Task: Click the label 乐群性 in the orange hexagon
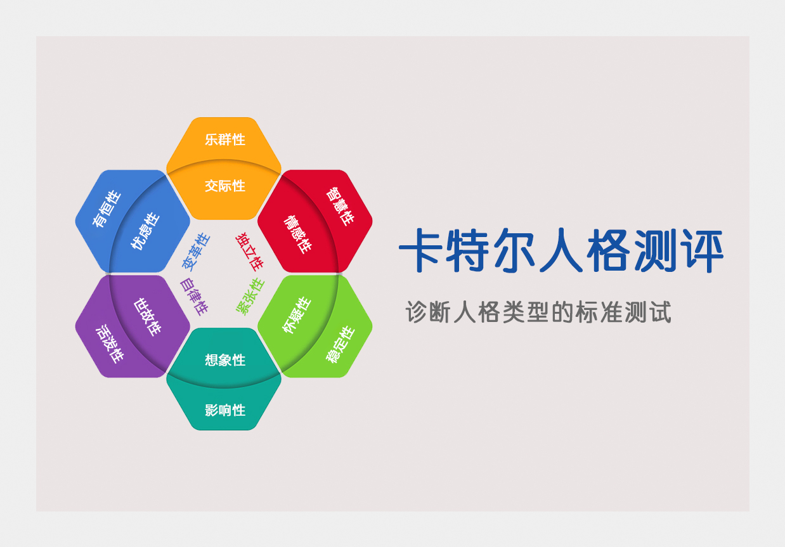click(x=225, y=139)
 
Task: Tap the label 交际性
click(x=225, y=186)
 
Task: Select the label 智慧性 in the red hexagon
click(x=340, y=207)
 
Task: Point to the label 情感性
click(x=297, y=234)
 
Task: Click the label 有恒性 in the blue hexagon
click(x=107, y=209)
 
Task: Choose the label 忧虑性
click(x=145, y=231)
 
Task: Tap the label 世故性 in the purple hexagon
click(x=148, y=317)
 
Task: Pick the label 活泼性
click(x=110, y=344)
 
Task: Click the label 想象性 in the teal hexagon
click(x=225, y=360)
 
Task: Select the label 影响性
click(x=225, y=410)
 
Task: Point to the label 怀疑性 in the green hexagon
click(x=297, y=314)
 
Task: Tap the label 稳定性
click(x=341, y=344)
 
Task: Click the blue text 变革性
click(x=195, y=252)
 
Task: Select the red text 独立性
click(x=249, y=252)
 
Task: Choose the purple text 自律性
click(x=194, y=297)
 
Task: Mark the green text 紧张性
click(x=250, y=297)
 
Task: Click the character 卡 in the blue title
click(x=420, y=250)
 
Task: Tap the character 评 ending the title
click(x=702, y=250)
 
